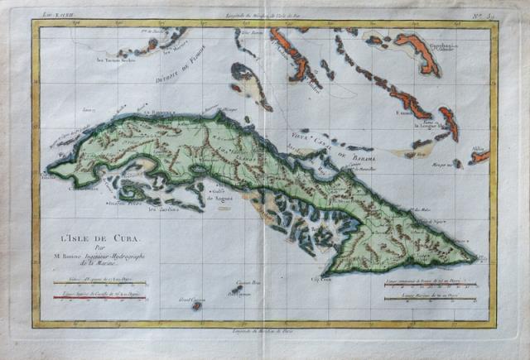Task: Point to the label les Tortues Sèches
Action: click(x=114, y=61)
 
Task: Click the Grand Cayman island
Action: click(x=196, y=305)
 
